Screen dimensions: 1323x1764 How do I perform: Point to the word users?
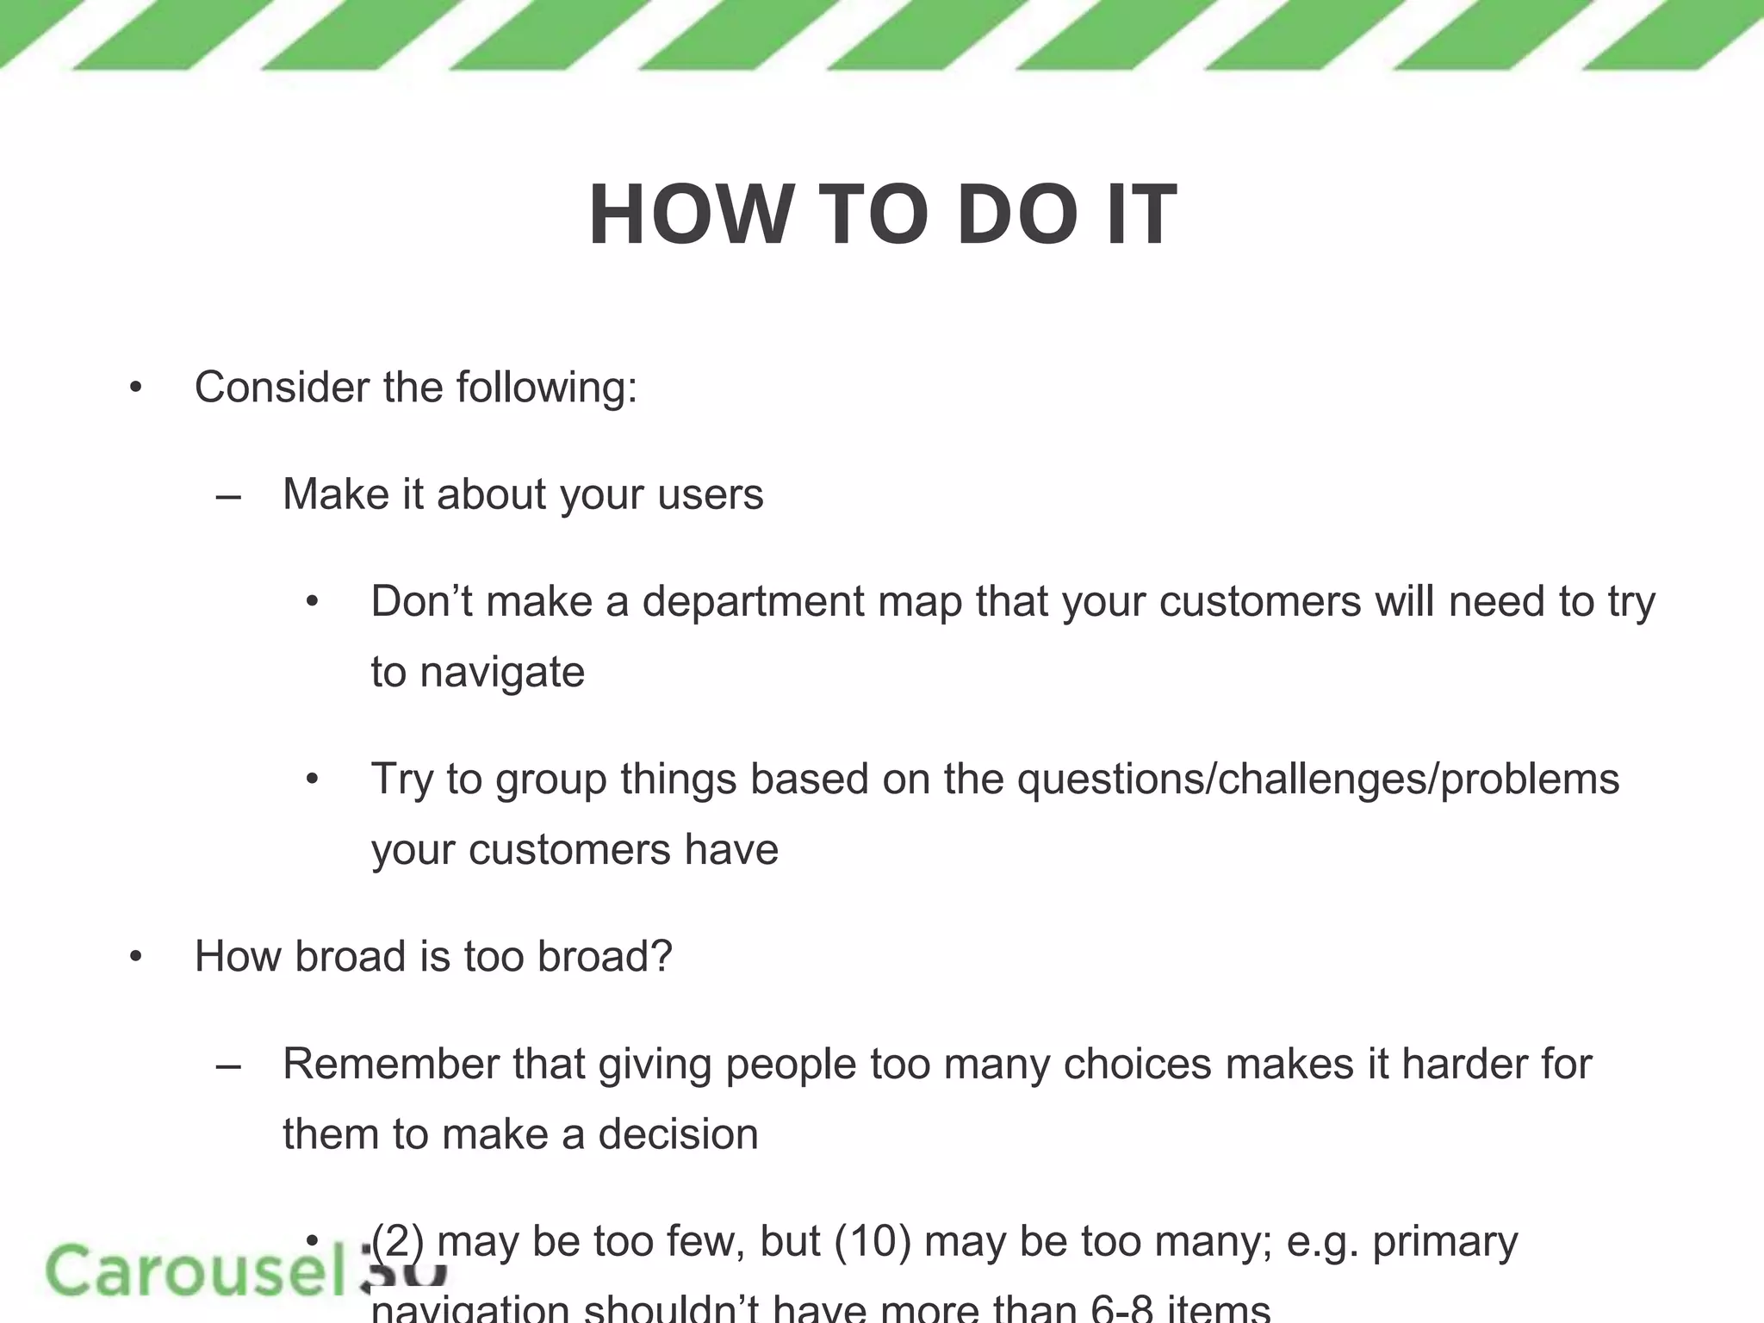coord(710,494)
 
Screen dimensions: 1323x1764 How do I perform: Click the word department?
coord(753,602)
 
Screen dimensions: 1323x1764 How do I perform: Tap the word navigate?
coord(502,673)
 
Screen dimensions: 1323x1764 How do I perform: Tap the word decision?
coord(679,1134)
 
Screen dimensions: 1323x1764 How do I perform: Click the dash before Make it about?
coord(228,497)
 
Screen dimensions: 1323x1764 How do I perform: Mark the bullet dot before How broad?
coord(135,957)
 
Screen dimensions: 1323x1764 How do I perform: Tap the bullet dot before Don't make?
coord(312,602)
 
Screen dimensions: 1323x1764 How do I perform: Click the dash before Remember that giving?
coord(228,1066)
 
